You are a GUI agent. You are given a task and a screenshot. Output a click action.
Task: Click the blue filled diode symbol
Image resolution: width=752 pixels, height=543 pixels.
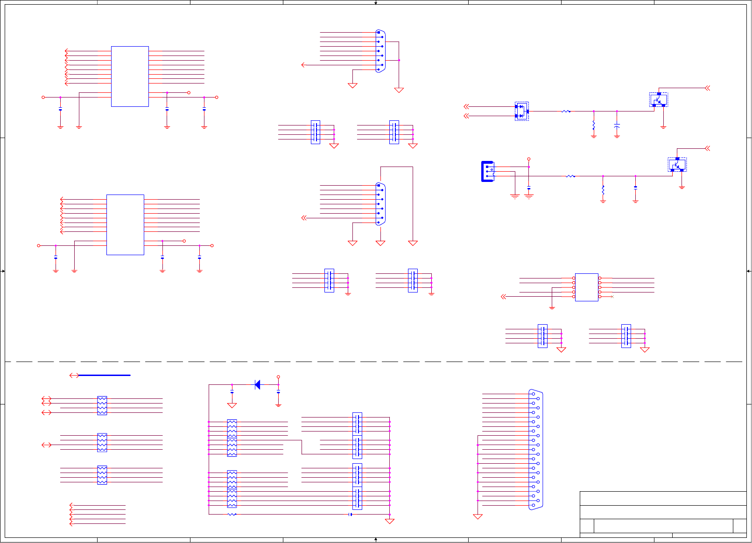pos(257,385)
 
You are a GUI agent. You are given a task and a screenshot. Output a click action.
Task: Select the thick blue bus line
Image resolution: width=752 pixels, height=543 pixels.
pos(105,375)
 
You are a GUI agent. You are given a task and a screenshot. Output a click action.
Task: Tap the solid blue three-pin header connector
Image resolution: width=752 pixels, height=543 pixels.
pos(487,171)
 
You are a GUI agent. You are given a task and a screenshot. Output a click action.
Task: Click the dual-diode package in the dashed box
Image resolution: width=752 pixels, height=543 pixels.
pos(521,111)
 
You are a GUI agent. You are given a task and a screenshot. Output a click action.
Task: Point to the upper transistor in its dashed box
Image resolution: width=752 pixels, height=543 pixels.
pos(659,99)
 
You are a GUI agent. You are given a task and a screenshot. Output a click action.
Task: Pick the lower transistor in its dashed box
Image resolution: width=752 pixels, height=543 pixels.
pos(677,165)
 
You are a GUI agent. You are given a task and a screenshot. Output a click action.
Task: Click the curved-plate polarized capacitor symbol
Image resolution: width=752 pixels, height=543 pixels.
pos(617,126)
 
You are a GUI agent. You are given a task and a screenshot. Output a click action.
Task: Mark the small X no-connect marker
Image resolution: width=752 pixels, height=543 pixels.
pos(612,297)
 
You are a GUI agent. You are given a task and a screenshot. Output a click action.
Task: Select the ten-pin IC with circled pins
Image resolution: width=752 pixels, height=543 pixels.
pos(587,287)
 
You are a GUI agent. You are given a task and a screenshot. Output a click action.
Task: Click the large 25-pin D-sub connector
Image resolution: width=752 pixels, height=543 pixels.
pos(536,450)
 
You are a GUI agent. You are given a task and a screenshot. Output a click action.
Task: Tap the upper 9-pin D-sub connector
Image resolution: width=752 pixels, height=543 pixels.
pos(380,51)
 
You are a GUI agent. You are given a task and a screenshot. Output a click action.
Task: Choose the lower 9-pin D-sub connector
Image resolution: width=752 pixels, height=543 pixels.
pos(380,204)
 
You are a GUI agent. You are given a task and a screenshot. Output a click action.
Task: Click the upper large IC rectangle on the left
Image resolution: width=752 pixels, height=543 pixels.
pos(130,77)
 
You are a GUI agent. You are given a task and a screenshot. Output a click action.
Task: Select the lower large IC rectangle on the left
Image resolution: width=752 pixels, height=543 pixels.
pos(125,225)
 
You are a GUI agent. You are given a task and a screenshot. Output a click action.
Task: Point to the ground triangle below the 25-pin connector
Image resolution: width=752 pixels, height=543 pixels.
pos(478,517)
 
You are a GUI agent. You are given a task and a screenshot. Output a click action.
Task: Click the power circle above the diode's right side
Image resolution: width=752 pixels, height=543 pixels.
pos(278,377)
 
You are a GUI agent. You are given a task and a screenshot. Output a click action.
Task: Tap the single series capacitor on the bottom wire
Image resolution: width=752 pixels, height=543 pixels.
pos(350,515)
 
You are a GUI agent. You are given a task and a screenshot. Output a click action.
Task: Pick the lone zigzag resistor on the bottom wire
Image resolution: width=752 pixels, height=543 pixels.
pos(232,515)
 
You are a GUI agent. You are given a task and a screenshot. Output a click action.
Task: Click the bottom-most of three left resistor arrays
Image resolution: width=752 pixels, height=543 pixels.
pos(102,475)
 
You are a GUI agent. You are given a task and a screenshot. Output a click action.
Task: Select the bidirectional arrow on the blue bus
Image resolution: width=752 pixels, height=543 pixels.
pos(74,375)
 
